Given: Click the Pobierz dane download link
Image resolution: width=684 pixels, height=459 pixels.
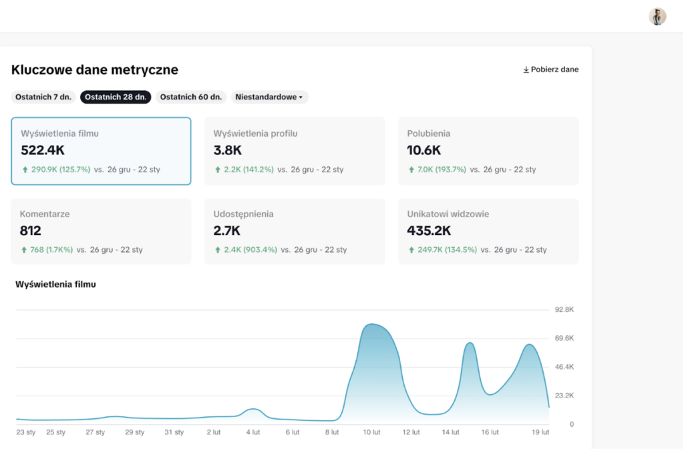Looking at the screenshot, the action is tap(551, 69).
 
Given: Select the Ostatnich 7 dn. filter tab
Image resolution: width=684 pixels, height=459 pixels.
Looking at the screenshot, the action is tap(43, 97).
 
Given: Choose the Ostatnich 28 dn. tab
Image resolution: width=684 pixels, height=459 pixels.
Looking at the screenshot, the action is tap(116, 97).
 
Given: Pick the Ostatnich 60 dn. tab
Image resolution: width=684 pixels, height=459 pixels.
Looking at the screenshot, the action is tap(191, 97).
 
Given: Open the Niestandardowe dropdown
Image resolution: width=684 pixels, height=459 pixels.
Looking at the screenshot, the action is tap(269, 97).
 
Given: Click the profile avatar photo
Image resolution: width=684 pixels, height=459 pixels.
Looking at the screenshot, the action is tap(657, 17).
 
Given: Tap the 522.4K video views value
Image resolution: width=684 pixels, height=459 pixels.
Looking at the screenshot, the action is tap(43, 150).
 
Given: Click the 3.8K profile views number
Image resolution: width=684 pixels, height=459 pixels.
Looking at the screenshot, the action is tap(227, 150).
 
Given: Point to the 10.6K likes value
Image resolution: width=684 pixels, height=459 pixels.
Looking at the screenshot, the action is tap(424, 150).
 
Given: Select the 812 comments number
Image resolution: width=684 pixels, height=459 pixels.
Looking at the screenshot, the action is tap(31, 231).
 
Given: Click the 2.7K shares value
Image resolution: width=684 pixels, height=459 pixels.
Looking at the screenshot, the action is tap(227, 231).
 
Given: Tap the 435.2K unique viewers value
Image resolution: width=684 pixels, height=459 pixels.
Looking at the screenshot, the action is tap(429, 231).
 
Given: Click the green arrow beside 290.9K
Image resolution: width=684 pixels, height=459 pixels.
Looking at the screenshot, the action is tap(25, 170).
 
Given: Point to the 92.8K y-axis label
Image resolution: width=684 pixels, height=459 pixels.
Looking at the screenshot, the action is tap(564, 309).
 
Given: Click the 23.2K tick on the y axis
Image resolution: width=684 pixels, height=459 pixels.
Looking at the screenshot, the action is tap(564, 396).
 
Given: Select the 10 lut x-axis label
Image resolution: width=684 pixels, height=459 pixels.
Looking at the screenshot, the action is tap(371, 432).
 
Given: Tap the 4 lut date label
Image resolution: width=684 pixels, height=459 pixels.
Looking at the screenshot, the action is tap(253, 432).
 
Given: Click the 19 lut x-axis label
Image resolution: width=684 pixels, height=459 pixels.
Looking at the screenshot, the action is tap(540, 432).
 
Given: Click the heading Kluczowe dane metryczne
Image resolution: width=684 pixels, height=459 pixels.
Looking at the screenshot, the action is tap(95, 69).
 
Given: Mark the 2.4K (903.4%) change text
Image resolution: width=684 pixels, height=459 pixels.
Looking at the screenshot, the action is tap(250, 250).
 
